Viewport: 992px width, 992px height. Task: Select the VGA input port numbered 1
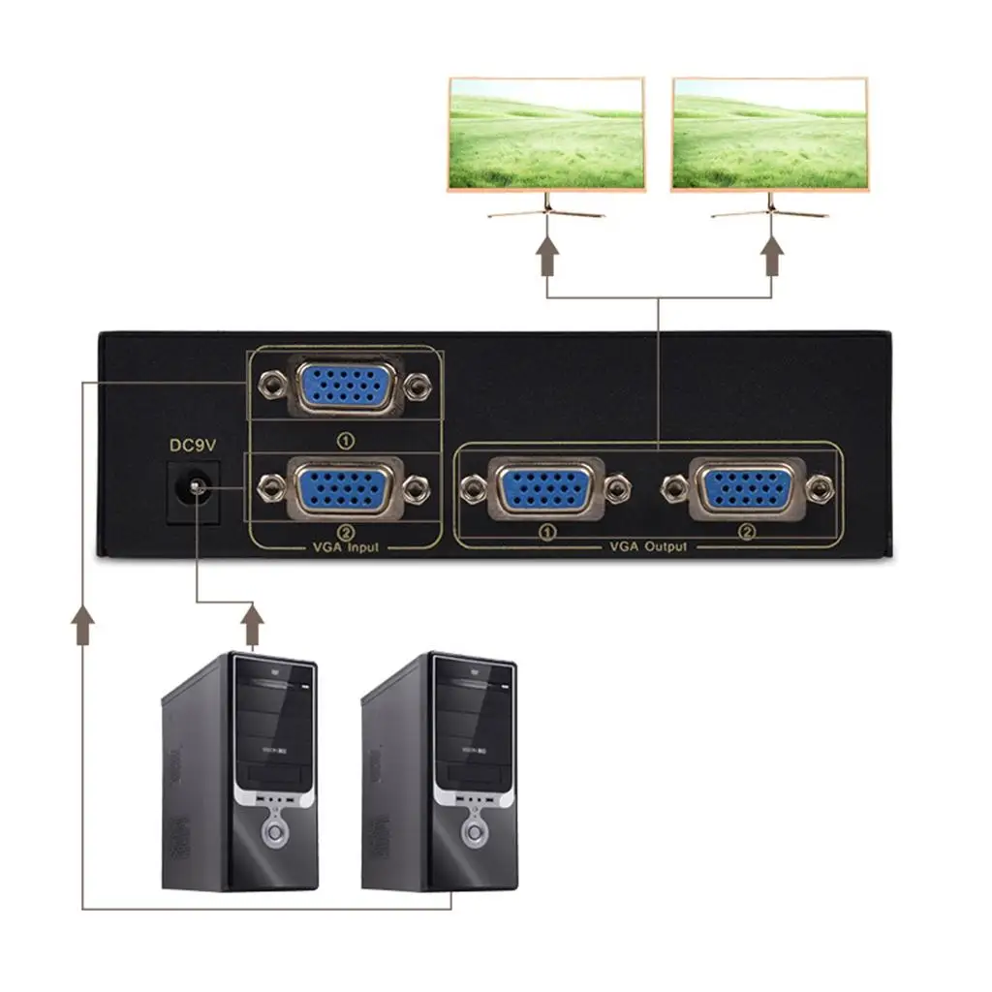pos(344,386)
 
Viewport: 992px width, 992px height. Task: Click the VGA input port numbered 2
pos(344,489)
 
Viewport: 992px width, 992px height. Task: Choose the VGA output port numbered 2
pos(744,489)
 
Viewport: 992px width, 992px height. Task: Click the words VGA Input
pos(345,548)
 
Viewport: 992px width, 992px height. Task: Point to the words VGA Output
pos(648,547)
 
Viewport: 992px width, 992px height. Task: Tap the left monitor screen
pos(545,134)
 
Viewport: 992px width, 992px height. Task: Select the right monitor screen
pos(770,134)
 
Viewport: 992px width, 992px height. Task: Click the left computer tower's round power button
pos(276,832)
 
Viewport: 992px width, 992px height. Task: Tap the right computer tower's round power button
pos(476,832)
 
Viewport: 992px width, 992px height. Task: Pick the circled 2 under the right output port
pos(746,532)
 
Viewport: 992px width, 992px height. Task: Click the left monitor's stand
pos(547,207)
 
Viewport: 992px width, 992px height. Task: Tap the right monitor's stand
pos(771,207)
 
